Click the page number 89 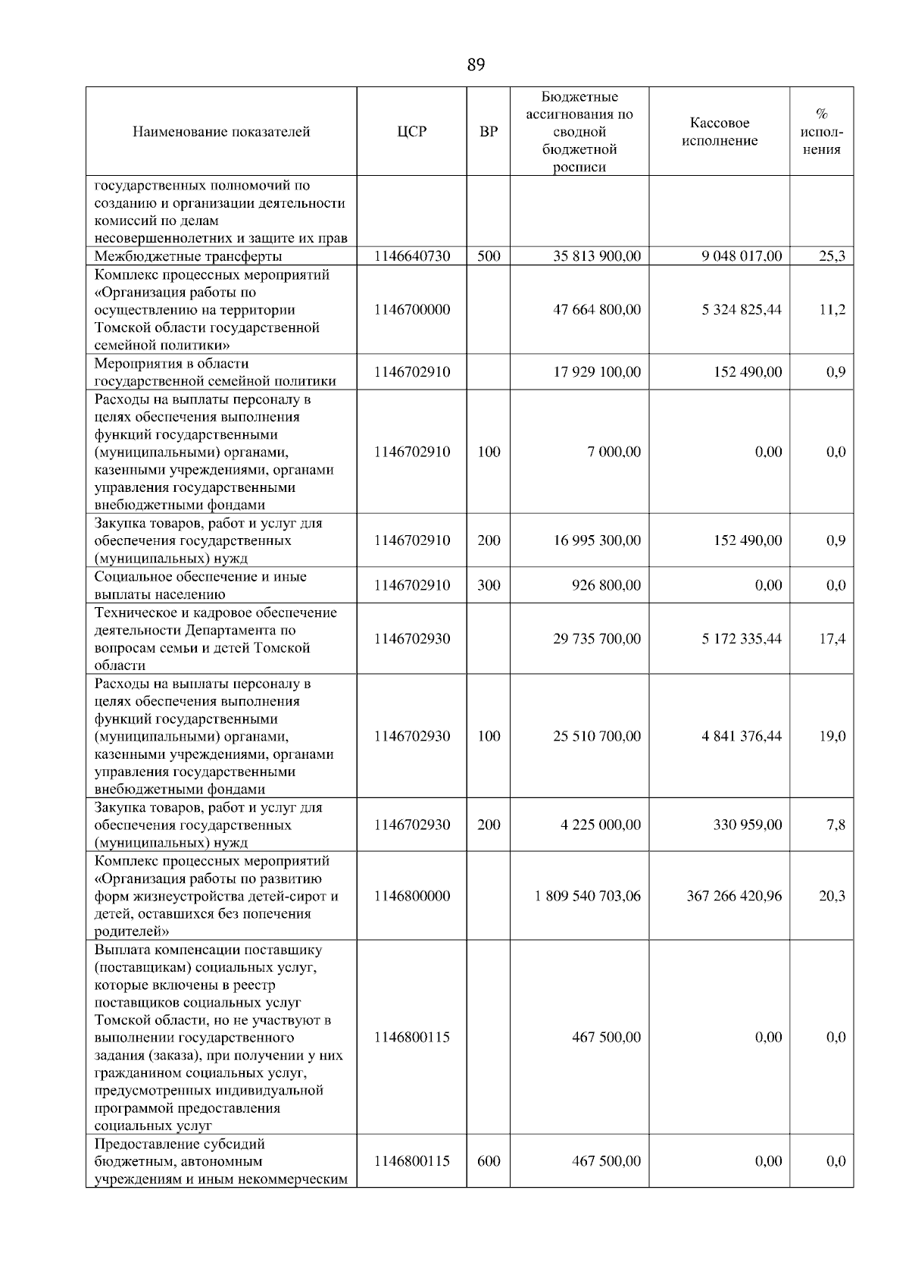click(476, 65)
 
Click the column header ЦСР click(411, 132)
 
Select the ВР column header click(489, 132)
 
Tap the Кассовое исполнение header click(719, 132)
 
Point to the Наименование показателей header click(221, 132)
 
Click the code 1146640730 click(411, 256)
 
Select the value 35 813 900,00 click(596, 256)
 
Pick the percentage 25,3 click(832, 256)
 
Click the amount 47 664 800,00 click(596, 310)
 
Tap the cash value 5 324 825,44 click(742, 310)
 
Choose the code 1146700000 click(411, 310)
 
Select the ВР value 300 click(489, 585)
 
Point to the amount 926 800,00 click(606, 585)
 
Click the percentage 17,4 click(832, 639)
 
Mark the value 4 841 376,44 click(742, 736)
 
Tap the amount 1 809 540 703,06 click(587, 896)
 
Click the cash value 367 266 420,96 click(734, 896)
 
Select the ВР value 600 click(489, 1161)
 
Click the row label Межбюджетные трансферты click(188, 256)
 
